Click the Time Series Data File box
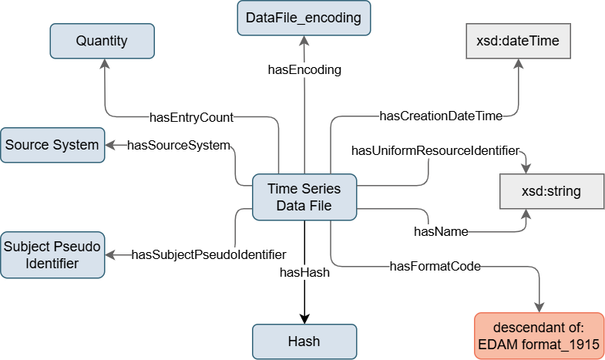point(304,197)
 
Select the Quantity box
point(103,41)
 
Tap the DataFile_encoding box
point(304,18)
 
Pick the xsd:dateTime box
point(518,41)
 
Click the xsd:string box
point(552,191)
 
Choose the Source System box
point(52,145)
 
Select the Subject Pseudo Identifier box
point(52,255)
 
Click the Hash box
point(304,341)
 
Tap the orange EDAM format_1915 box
point(539,335)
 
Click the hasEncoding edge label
point(304,70)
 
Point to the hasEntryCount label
point(191,117)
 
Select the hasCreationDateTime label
point(441,116)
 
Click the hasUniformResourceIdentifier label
point(435,150)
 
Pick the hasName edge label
point(441,231)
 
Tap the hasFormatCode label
point(435,266)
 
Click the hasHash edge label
point(304,272)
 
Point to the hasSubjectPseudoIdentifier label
point(209,254)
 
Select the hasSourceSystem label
point(179,145)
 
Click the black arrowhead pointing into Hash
point(304,319)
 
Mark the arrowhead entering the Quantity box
point(105,64)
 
